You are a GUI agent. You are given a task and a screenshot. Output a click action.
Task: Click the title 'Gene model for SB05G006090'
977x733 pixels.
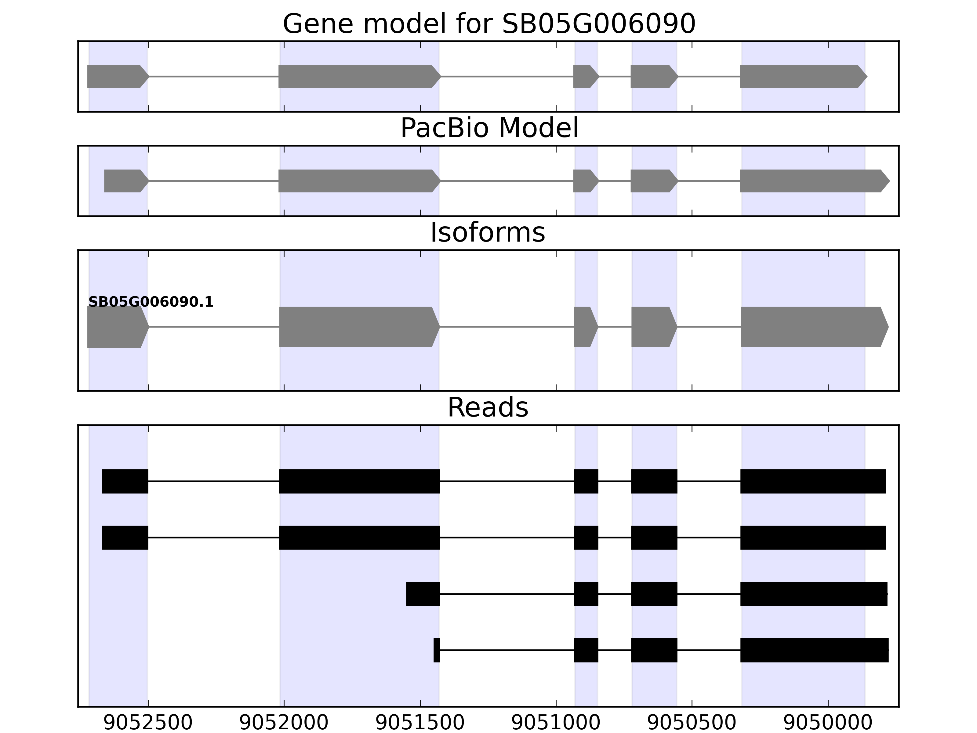(x=489, y=24)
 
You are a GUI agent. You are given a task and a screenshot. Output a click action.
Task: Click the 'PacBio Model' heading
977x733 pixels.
(x=489, y=128)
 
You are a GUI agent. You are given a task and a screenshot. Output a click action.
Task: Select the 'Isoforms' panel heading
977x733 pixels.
(x=488, y=232)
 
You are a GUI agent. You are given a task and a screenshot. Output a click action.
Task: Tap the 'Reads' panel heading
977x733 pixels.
(x=488, y=407)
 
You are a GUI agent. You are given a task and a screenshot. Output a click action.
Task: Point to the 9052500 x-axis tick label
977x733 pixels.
(x=148, y=723)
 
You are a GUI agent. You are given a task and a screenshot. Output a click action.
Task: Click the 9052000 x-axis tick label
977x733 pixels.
(x=284, y=723)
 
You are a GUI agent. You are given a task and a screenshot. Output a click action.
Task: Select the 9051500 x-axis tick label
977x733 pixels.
(x=420, y=723)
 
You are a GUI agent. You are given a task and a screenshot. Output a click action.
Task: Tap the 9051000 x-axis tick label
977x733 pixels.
(x=556, y=723)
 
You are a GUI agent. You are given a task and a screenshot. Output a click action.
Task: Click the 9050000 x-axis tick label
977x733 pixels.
(x=828, y=723)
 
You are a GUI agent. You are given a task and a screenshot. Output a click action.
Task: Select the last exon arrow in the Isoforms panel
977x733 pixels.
(x=813, y=327)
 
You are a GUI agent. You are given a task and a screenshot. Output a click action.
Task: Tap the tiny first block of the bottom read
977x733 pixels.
(x=437, y=650)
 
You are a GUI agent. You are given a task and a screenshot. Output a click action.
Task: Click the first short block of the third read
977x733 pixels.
(x=423, y=594)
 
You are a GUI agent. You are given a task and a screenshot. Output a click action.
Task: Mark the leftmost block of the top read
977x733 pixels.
(x=125, y=481)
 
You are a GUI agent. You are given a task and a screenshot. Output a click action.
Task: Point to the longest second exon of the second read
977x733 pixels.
(x=360, y=538)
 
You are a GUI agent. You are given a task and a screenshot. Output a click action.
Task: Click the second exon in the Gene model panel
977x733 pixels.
(x=358, y=76)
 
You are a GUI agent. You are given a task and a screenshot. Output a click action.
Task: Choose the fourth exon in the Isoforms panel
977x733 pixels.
(x=653, y=327)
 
